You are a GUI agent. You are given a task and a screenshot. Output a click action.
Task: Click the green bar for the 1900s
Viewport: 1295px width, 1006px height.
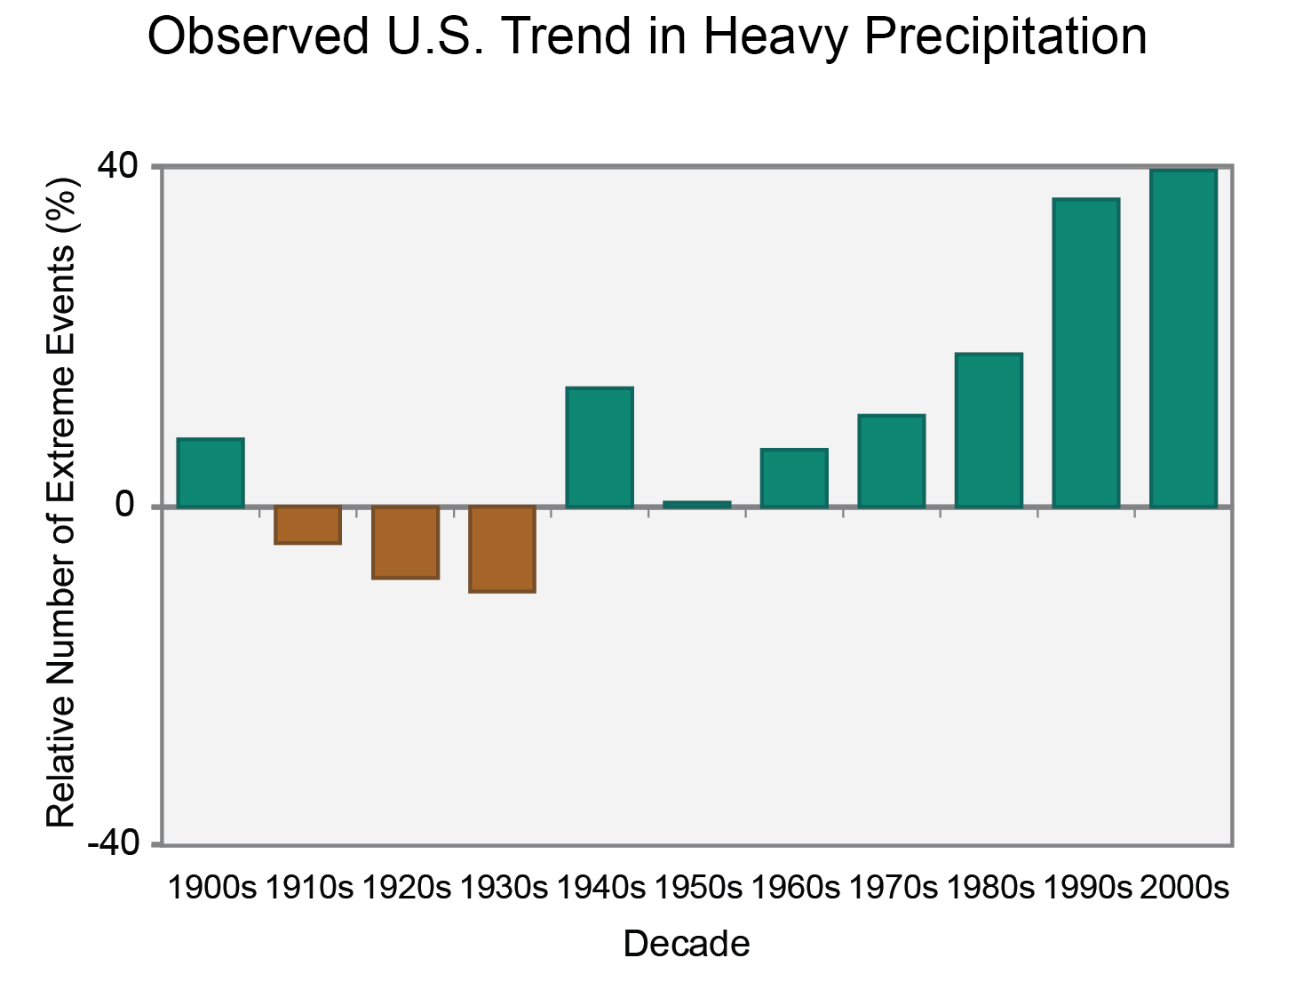point(211,473)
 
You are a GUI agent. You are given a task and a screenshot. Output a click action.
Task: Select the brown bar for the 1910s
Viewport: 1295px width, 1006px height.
point(307,524)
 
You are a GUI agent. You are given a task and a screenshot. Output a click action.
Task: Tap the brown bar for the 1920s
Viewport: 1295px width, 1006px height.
point(405,542)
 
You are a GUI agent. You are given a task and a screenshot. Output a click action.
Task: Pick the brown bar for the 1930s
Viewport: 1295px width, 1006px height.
point(502,548)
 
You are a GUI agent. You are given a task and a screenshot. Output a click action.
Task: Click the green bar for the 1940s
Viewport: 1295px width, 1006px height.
point(600,447)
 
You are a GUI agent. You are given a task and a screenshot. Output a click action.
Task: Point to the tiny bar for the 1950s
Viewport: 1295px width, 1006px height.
point(697,504)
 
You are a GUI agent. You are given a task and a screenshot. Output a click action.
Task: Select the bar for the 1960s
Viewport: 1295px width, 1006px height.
point(794,478)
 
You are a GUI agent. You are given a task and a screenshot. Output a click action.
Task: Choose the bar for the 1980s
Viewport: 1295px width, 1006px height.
point(989,430)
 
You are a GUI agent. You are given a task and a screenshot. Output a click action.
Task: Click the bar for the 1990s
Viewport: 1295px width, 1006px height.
point(1085,353)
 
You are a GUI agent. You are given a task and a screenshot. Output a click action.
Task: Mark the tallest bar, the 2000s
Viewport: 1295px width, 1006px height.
point(1183,338)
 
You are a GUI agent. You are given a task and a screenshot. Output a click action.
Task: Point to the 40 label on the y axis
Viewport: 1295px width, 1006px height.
point(118,166)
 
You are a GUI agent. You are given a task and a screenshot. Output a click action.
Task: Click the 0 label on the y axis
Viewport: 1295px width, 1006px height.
point(125,505)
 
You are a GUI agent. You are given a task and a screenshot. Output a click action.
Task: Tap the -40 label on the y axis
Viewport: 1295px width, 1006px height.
point(114,842)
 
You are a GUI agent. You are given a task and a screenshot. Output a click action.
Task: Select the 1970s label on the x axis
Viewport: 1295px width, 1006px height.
point(893,887)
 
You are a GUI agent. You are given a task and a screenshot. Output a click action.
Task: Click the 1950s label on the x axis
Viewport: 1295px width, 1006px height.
point(698,887)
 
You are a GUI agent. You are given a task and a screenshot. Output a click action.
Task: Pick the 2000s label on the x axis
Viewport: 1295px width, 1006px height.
point(1184,887)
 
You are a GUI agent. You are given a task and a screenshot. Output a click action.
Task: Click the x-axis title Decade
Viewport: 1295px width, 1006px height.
point(686,944)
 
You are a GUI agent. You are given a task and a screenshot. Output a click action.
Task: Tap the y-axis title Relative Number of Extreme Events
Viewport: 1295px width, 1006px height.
point(61,502)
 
